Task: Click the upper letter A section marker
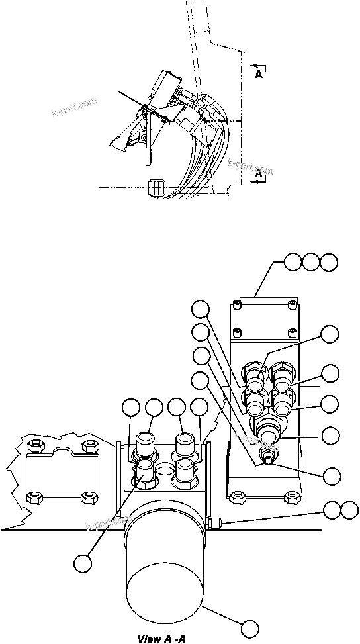pyautogui.click(x=259, y=75)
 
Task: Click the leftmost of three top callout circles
pyautogui.click(x=294, y=263)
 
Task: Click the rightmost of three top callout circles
pyautogui.click(x=328, y=263)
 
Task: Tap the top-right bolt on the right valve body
pyautogui.click(x=291, y=305)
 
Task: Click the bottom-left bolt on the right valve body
pyautogui.click(x=236, y=492)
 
